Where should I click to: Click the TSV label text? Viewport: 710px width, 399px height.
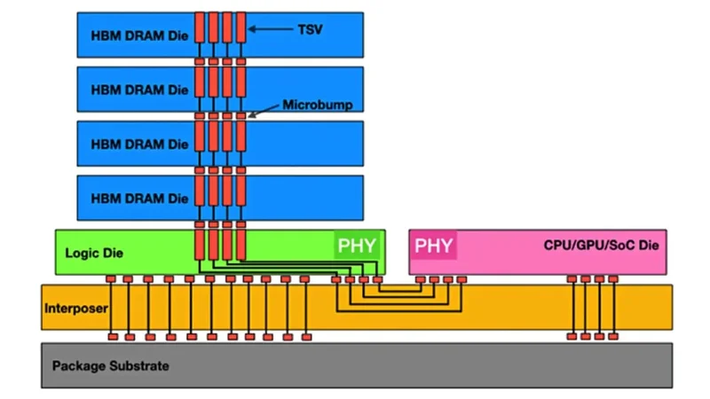[310, 29]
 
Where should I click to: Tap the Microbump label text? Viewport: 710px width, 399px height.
[318, 105]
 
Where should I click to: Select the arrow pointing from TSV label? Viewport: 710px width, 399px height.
[271, 29]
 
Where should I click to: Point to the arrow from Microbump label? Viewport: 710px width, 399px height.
[264, 111]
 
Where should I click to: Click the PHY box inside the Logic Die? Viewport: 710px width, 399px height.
[357, 246]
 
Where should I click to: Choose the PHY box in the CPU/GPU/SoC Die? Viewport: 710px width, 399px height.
[433, 246]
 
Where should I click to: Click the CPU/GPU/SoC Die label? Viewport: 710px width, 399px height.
[601, 246]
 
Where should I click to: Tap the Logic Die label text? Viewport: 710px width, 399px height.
[94, 253]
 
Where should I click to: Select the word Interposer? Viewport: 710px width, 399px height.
[76, 309]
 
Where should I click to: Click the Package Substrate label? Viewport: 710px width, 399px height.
[110, 366]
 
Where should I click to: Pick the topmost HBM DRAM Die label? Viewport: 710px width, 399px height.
[139, 35]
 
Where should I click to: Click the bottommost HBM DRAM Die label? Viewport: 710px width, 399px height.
[139, 199]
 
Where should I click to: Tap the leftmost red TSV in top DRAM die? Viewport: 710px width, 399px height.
[200, 27]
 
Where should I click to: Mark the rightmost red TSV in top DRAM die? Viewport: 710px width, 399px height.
[241, 27]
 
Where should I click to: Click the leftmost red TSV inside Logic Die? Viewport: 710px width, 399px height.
[200, 245]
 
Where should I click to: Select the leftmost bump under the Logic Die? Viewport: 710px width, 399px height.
[111, 279]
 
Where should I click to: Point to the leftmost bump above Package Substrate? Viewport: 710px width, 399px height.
[113, 337]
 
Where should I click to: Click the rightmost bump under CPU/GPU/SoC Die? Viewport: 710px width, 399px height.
[613, 279]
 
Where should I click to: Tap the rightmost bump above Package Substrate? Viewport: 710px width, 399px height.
[613, 337]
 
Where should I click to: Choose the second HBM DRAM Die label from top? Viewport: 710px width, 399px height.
[139, 90]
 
